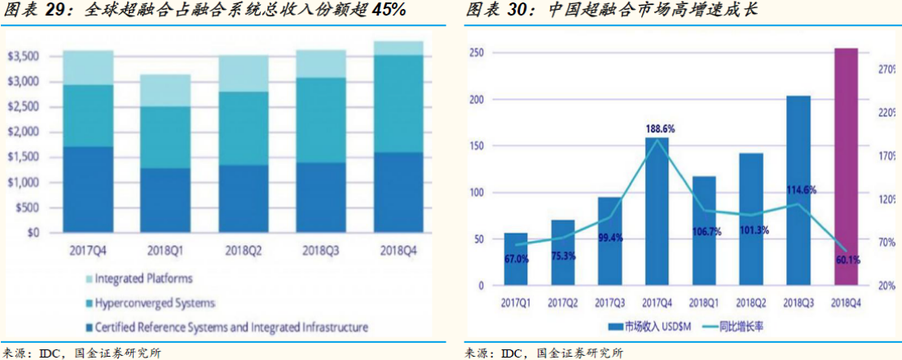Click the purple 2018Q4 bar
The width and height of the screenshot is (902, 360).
[x=847, y=167]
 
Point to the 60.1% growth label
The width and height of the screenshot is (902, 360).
[x=847, y=260]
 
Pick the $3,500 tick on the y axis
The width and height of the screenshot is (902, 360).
[x=22, y=56]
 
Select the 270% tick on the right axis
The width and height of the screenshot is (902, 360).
[x=887, y=71]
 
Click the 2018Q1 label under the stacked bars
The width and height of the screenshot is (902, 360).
[x=165, y=250]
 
